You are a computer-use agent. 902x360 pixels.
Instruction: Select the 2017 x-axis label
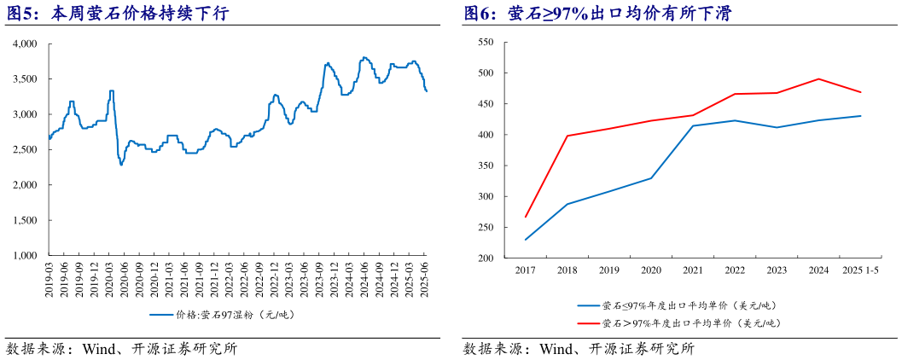[x=525, y=270]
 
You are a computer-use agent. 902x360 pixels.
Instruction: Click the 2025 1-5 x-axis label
[x=859, y=270]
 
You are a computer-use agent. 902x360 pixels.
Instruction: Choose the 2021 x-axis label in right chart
[x=692, y=270]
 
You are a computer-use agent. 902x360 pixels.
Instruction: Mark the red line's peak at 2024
[x=818, y=79]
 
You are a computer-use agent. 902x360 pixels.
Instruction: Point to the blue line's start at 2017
[x=526, y=240]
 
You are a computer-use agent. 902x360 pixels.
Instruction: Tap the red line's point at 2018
[x=567, y=136]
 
